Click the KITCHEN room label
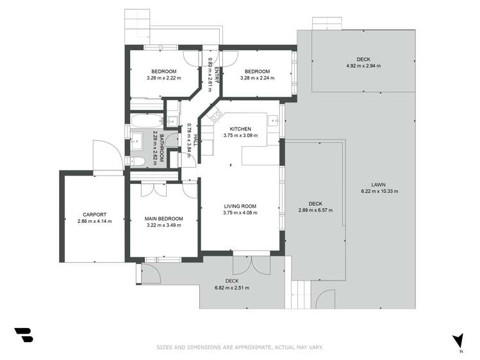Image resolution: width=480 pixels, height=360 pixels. click(x=240, y=129)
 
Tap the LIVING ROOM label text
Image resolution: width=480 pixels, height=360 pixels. click(x=240, y=206)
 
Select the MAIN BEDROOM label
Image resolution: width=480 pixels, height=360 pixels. click(x=165, y=218)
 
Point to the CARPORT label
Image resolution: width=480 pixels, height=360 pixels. click(x=94, y=215)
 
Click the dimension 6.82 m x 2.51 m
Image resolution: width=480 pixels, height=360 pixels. click(x=232, y=288)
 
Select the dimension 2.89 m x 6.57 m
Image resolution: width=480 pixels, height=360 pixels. click(x=315, y=210)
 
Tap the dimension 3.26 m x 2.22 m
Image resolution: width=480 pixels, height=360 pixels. click(x=164, y=78)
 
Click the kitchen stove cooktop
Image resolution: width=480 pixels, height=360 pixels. click(x=214, y=117)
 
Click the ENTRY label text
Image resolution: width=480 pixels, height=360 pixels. click(x=217, y=74)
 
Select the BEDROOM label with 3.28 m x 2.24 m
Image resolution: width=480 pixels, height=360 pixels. click(x=256, y=71)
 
